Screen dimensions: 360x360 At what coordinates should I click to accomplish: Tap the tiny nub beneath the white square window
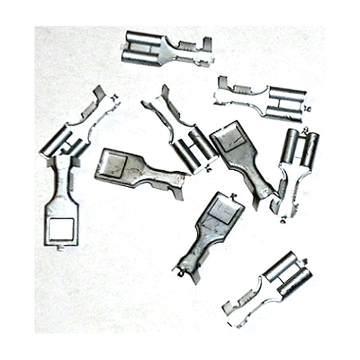(61, 251)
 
